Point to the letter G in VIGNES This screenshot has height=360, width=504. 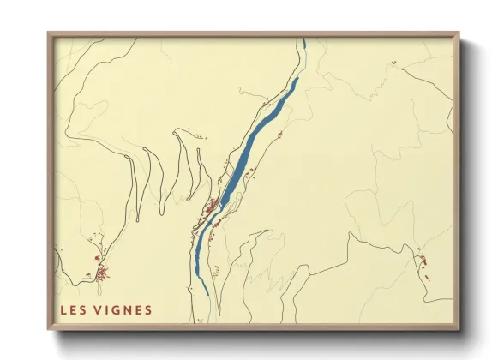pyautogui.click(x=116, y=310)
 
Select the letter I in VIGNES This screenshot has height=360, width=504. pyautogui.click(x=107, y=310)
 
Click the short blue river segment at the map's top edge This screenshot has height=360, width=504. pyautogui.click(x=302, y=45)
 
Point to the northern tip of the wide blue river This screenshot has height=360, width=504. pyautogui.click(x=297, y=80)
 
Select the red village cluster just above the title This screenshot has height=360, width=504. pyautogui.click(x=101, y=273)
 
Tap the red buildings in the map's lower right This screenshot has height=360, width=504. pyautogui.click(x=422, y=261)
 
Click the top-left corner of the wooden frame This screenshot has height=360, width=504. pyautogui.click(x=49, y=34)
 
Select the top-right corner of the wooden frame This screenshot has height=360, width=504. pyautogui.click(x=459, y=34)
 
